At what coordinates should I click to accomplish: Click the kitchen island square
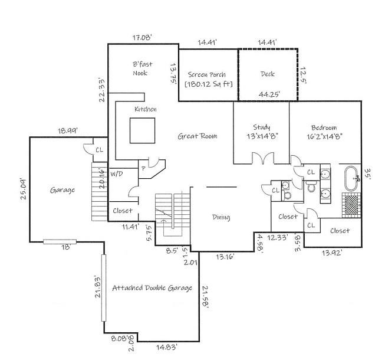tap(143, 130)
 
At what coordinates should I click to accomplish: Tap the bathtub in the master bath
tap(353, 179)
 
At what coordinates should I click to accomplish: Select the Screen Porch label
tap(207, 74)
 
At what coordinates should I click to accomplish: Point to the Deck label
tap(268, 74)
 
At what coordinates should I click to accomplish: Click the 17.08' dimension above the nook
tap(143, 38)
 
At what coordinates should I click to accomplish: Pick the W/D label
tap(116, 174)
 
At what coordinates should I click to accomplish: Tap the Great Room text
tap(198, 136)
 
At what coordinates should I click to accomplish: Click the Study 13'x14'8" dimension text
tap(262, 136)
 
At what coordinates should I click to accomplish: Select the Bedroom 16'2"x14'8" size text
tap(324, 137)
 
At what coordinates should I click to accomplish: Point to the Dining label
tap(221, 217)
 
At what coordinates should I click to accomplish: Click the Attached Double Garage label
tap(152, 288)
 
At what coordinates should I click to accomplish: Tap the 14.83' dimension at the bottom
tap(167, 347)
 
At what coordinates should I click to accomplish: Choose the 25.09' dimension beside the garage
tap(24, 189)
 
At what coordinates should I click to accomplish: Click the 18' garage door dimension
tap(66, 247)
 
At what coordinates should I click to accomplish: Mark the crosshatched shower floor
tap(351, 205)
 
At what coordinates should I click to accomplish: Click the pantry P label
tap(144, 169)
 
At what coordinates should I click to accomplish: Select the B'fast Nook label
tap(143, 68)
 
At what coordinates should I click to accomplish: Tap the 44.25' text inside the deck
tap(269, 94)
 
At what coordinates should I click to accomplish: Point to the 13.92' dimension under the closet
tap(332, 253)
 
